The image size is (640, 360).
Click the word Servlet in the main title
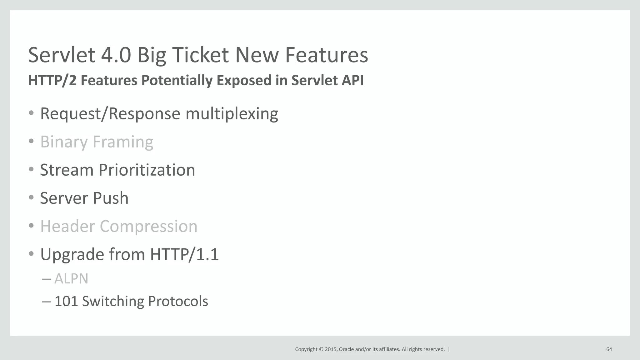point(61,55)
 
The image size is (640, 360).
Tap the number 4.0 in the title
point(116,55)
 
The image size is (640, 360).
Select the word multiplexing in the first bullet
point(232,114)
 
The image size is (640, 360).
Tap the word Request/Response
point(110,114)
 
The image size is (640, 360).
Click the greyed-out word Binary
point(64,142)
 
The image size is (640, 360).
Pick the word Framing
point(123,142)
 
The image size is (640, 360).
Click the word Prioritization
point(147,170)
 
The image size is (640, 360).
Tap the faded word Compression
point(148,227)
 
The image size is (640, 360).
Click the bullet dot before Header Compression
point(31,226)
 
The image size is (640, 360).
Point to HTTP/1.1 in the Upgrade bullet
point(184,254)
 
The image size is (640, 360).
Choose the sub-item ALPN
point(71,278)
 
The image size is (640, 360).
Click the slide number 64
point(609,349)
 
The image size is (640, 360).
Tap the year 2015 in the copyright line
point(331,349)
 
